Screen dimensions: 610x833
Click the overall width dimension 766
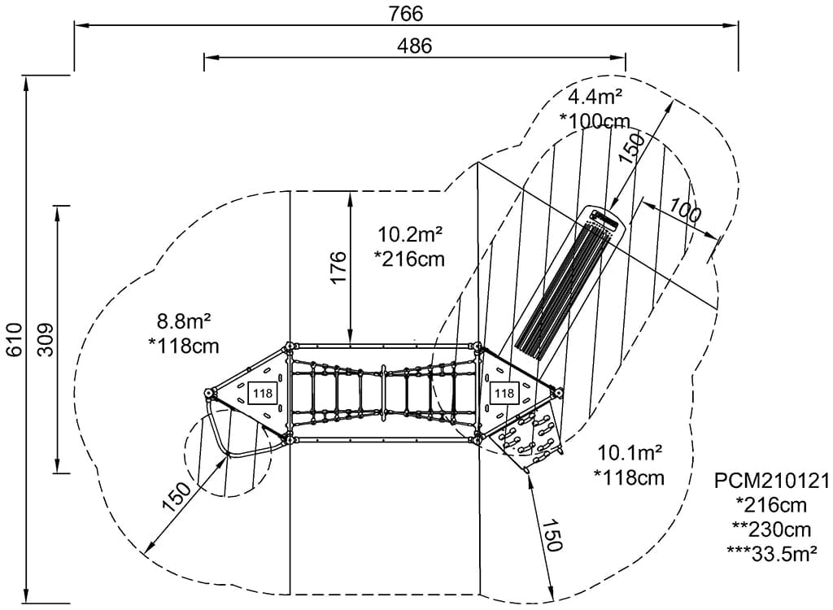406,14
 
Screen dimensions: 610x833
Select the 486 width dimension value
414,46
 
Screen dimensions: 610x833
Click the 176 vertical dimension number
338,268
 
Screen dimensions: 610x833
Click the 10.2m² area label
410,235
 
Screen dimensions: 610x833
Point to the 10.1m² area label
630,451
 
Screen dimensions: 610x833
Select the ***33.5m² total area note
771,553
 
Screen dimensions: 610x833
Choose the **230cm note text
771,529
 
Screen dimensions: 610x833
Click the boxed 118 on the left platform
263,394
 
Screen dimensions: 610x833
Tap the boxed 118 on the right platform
504,394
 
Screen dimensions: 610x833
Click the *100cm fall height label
595,120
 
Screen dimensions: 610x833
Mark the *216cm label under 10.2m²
410,259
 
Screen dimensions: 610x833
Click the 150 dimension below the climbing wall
552,535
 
